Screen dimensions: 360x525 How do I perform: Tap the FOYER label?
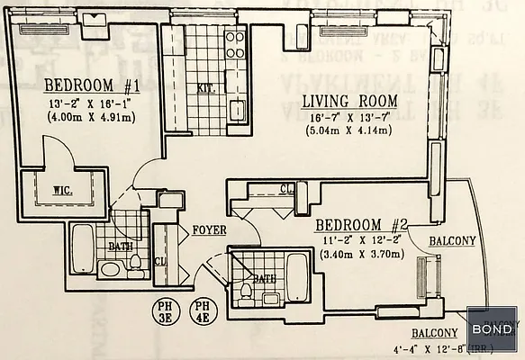(x=208, y=230)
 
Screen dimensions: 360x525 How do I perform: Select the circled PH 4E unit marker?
(x=204, y=310)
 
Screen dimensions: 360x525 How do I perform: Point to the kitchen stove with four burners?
(x=235, y=46)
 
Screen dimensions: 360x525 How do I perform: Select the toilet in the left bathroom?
(x=135, y=262)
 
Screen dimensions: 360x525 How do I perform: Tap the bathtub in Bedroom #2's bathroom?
(x=296, y=274)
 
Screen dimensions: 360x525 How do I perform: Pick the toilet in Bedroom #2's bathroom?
(x=245, y=292)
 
